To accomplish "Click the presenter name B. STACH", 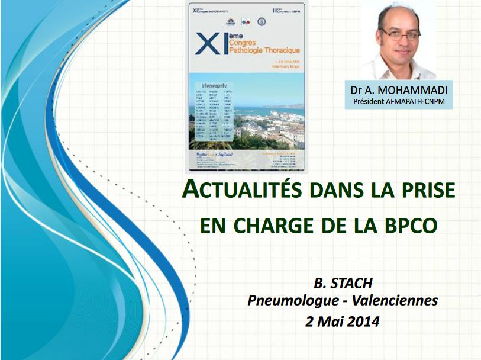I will tap(343, 283).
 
